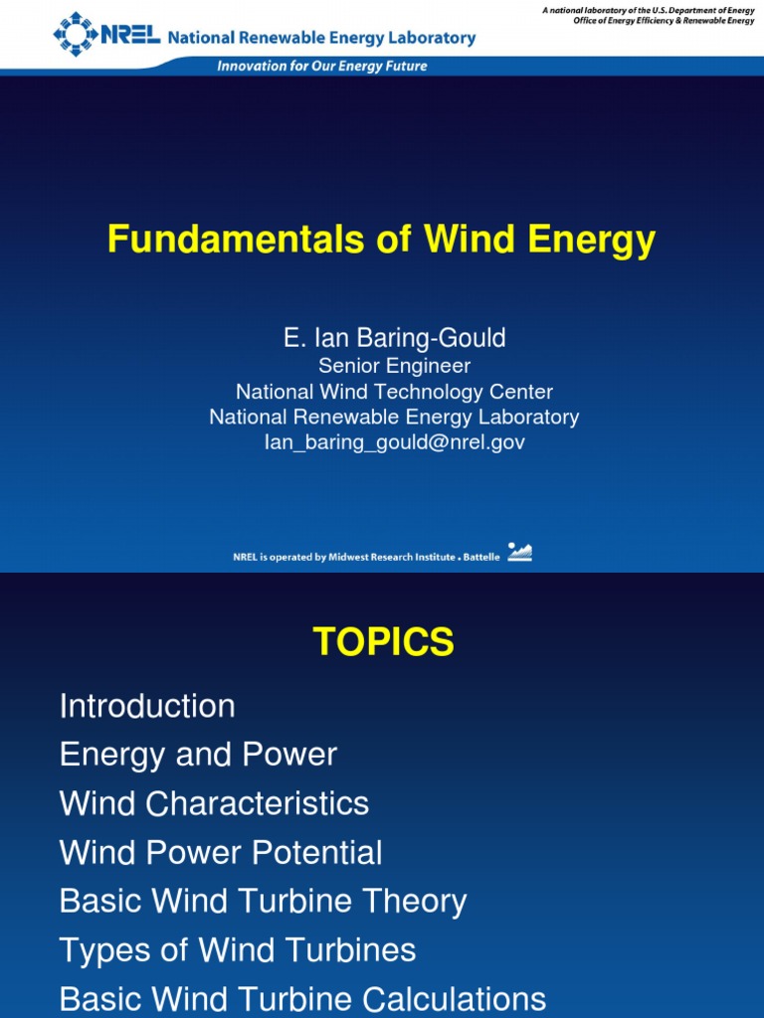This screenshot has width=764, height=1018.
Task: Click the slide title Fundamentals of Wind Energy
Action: click(x=382, y=240)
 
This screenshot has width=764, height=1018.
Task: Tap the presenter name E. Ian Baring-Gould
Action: click(x=394, y=338)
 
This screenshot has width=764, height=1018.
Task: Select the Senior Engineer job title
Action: click(x=394, y=366)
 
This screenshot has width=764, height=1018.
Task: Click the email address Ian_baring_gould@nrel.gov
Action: click(x=394, y=442)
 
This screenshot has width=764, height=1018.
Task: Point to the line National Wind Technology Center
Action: click(x=394, y=392)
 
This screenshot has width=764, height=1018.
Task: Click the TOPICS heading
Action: click(x=383, y=642)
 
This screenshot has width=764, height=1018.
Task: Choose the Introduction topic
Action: click(x=147, y=706)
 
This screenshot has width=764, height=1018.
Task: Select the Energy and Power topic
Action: click(x=198, y=755)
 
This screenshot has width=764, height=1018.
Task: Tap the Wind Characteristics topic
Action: click(x=214, y=803)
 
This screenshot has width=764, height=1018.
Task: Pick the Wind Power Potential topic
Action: click(x=221, y=852)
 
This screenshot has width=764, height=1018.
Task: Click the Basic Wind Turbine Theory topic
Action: click(x=263, y=901)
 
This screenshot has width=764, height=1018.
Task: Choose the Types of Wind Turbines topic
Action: click(x=238, y=949)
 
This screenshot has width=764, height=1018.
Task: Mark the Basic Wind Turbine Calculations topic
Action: click(x=302, y=998)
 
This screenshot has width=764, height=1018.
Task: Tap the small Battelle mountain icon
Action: click(x=519, y=553)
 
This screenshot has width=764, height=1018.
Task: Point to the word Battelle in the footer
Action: click(x=481, y=558)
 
